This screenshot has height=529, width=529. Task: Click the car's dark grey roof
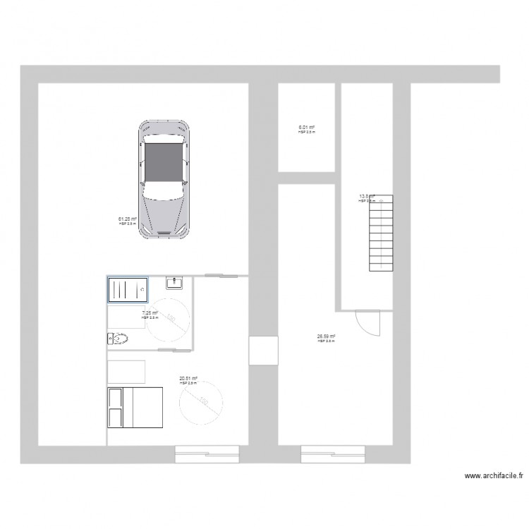coord(164,163)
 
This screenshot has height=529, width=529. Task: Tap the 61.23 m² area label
coord(127,219)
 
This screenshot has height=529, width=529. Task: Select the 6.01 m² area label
coord(307,128)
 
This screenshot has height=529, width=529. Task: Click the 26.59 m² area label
coord(326,337)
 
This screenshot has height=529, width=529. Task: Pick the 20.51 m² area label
coord(188,379)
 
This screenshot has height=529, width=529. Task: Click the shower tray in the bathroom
coord(127,289)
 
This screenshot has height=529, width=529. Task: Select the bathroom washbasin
coord(175,283)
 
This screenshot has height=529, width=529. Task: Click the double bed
coord(135,407)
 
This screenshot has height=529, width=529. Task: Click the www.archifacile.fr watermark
coord(494,478)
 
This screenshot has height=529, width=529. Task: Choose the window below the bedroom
coord(207,455)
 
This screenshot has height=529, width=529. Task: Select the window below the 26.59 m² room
coord(332,455)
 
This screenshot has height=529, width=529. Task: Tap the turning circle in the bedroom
coord(202,403)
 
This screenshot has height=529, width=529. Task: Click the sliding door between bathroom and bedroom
coord(175,349)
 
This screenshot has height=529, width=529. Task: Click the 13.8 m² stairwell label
coord(366,198)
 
